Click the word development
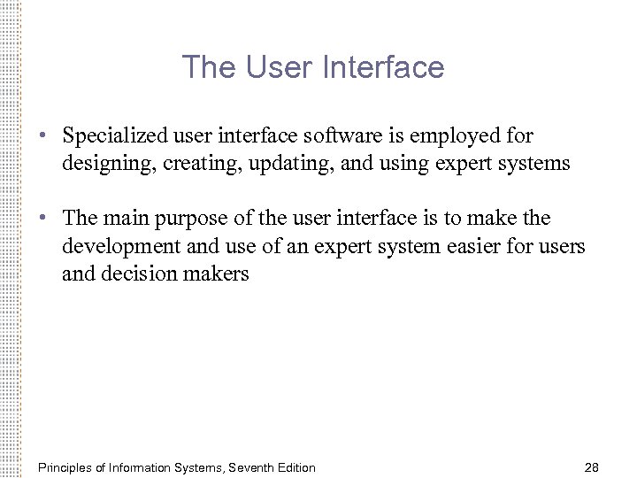[118, 246]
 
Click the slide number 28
[592, 466]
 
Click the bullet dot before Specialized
[42, 137]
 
